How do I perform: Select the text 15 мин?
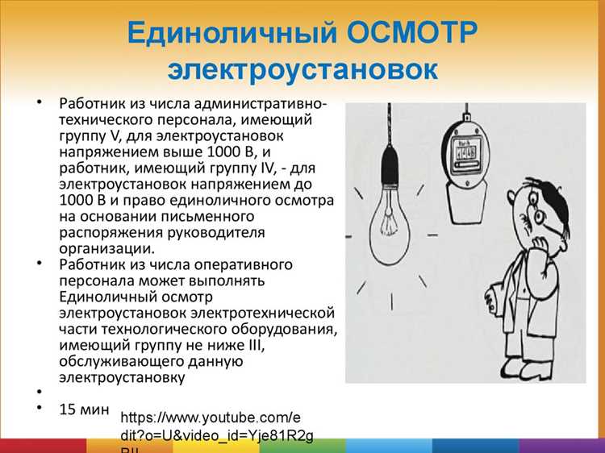(x=83, y=409)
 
